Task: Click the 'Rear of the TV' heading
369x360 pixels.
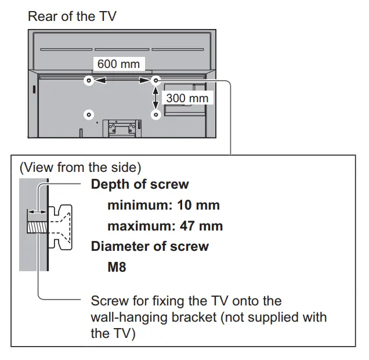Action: [x=72, y=16]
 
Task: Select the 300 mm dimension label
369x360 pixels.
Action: [x=187, y=98]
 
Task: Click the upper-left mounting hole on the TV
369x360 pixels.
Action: [x=88, y=81]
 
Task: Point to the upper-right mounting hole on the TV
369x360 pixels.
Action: [x=155, y=81]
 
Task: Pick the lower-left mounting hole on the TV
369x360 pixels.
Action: [x=88, y=114]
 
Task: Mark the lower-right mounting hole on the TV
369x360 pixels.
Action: [x=155, y=114]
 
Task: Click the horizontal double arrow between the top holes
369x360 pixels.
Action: [x=121, y=81]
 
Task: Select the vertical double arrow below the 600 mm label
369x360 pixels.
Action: [x=155, y=98]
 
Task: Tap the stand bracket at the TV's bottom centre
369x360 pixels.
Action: [x=122, y=127]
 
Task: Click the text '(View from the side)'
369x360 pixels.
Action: [x=80, y=168]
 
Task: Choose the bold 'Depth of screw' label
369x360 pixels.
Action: [x=140, y=185]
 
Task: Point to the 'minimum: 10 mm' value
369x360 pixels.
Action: [x=163, y=206]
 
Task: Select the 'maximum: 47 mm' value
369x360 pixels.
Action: [x=165, y=226]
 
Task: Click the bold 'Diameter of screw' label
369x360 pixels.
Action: [x=150, y=246]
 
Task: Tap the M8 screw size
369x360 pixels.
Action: [x=117, y=267]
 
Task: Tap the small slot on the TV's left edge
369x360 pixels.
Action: [x=34, y=90]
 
